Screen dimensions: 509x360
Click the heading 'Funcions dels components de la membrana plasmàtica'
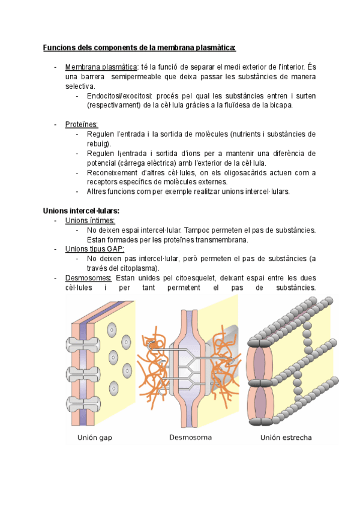pos(139,47)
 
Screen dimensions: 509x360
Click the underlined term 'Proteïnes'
pos(82,124)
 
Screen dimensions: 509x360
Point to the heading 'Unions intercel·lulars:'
pos(81,211)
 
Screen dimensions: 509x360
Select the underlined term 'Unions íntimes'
pos(89,220)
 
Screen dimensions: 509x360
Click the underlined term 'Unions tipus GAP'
pos(94,249)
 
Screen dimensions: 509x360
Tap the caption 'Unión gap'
pos(95,438)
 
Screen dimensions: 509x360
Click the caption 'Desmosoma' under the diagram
pos(190,437)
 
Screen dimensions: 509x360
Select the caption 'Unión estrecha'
pos(286,438)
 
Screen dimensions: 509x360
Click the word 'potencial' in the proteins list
pos(101,163)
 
